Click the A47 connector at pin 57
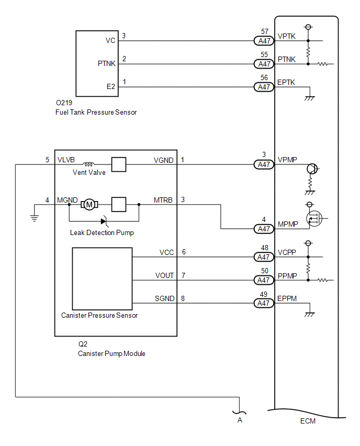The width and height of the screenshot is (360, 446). [264, 41]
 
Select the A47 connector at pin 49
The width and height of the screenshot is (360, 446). [264, 303]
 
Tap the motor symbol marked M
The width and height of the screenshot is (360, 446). [89, 205]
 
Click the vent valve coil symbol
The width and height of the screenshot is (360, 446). [88, 164]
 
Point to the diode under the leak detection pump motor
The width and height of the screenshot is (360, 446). [104, 221]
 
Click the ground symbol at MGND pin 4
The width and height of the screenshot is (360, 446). [34, 218]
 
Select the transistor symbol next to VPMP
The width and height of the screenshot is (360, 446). [312, 169]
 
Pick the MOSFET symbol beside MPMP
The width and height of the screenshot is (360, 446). [314, 218]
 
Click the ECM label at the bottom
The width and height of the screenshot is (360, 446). [308, 421]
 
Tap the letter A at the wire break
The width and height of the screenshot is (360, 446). [240, 420]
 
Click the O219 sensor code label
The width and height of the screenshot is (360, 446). [64, 103]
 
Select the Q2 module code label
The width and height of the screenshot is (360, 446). [83, 344]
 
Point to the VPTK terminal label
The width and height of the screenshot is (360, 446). [286, 37]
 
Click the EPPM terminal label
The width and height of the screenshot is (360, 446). [287, 298]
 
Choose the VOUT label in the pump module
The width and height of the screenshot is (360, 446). [164, 275]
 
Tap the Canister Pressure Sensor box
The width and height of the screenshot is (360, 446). [102, 278]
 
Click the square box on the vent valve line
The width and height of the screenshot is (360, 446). [119, 164]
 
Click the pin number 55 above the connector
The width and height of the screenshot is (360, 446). [264, 54]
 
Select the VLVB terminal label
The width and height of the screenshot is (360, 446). [66, 160]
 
